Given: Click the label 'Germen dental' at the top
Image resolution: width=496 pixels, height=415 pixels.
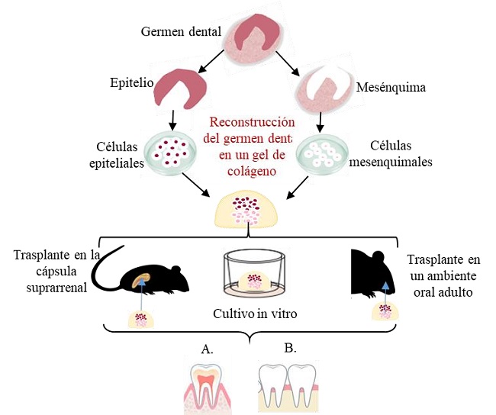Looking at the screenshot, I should point(182,31).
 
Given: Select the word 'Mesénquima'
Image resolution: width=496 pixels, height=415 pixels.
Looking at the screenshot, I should point(391,88).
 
